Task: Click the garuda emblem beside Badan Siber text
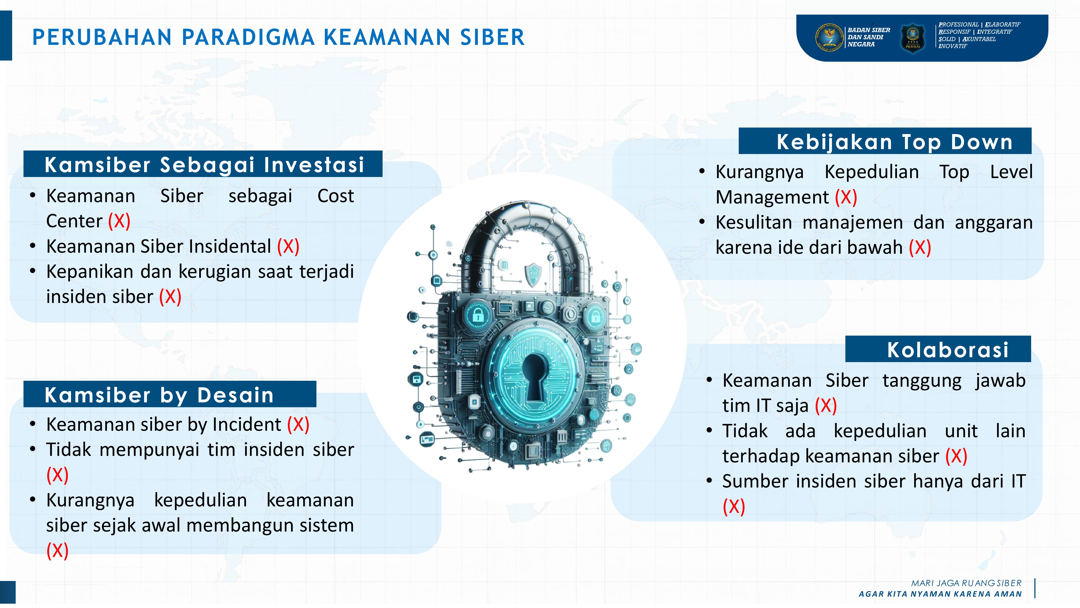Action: click(829, 37)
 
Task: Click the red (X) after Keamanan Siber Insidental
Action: click(288, 246)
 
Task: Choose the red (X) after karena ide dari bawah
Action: click(920, 248)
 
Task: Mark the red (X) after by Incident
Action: click(298, 425)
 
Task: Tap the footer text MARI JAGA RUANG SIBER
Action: click(966, 583)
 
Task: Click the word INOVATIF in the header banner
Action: click(953, 46)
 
